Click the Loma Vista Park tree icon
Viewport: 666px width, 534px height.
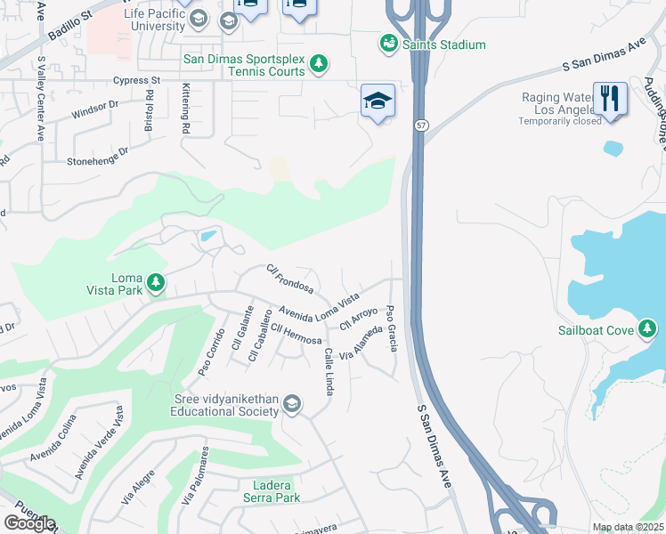[x=156, y=283]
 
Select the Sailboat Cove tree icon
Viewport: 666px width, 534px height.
[x=647, y=330]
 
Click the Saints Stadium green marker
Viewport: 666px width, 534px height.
[x=388, y=44]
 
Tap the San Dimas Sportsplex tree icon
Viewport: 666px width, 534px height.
[x=319, y=63]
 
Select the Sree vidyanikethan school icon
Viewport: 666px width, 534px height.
[x=291, y=406]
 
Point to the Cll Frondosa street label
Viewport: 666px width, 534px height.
[x=289, y=279]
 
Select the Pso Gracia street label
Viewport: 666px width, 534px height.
[x=391, y=328]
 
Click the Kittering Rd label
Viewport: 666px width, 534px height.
[x=186, y=109]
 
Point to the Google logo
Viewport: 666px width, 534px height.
[x=29, y=523]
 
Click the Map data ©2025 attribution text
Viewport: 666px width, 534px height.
[x=628, y=527]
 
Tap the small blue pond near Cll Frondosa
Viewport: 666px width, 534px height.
[x=207, y=236]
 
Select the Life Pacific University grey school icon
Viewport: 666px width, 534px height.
[x=228, y=20]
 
